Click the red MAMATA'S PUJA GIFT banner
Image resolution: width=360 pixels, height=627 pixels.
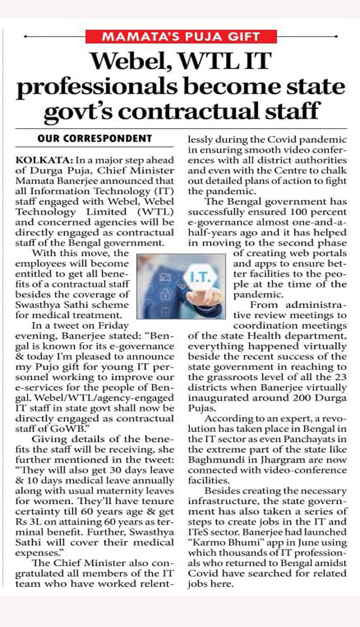click(x=181, y=36)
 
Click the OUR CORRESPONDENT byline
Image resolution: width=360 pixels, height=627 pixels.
click(x=95, y=139)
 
